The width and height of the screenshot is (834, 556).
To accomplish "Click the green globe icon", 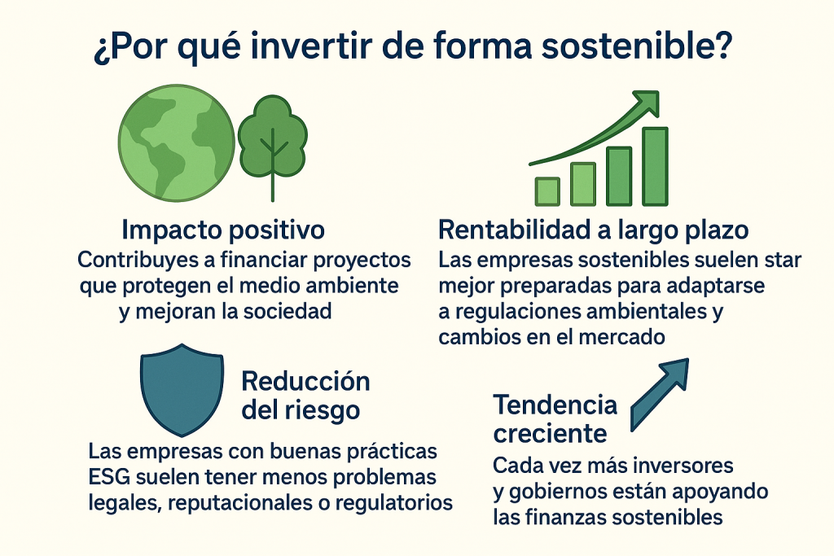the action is (176, 143).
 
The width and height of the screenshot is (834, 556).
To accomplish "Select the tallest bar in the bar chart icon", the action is (655, 166).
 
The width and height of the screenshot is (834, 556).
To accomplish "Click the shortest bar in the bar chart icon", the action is (547, 191).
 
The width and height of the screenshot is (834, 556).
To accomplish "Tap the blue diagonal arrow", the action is (659, 394).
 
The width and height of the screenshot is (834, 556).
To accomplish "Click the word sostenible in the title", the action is (638, 46).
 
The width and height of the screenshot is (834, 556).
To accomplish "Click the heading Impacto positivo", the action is (223, 230).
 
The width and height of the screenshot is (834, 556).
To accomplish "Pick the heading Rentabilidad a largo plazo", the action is (594, 230).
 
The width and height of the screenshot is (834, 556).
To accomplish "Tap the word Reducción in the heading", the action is (306, 381).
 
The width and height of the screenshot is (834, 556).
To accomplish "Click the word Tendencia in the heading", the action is (555, 405).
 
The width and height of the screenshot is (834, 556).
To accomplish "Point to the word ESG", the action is (109, 477).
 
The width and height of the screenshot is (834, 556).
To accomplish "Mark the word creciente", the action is (550, 434).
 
